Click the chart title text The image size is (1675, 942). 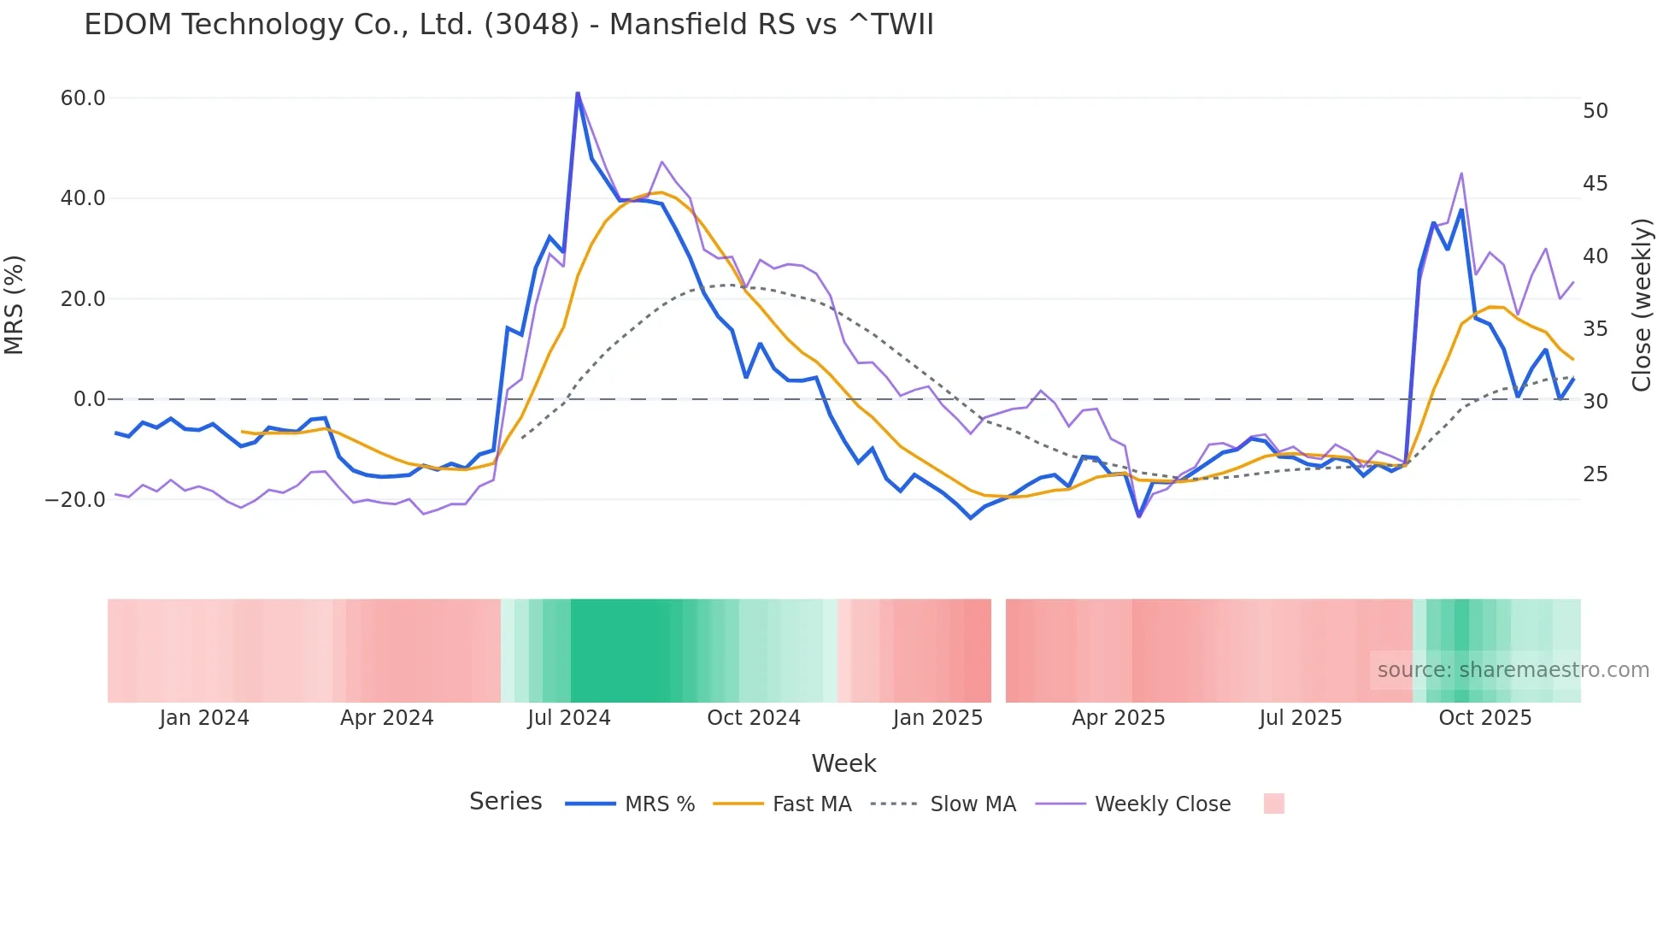(508, 25)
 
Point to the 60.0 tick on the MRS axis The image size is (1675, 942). (83, 98)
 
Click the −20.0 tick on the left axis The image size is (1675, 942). (75, 500)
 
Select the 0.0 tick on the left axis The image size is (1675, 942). (90, 399)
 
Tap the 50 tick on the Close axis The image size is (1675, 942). (1595, 111)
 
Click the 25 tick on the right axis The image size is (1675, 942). (1595, 474)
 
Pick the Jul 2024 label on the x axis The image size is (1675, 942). (568, 718)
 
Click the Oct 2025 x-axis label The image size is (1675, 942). (1484, 718)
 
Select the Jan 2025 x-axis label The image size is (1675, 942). (937, 718)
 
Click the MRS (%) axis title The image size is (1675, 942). (15, 304)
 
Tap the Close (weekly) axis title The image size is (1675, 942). (1641, 304)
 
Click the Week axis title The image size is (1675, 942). (843, 763)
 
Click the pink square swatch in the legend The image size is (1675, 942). (1273, 804)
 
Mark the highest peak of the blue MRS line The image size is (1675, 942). (578, 93)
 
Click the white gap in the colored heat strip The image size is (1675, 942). (998, 651)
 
